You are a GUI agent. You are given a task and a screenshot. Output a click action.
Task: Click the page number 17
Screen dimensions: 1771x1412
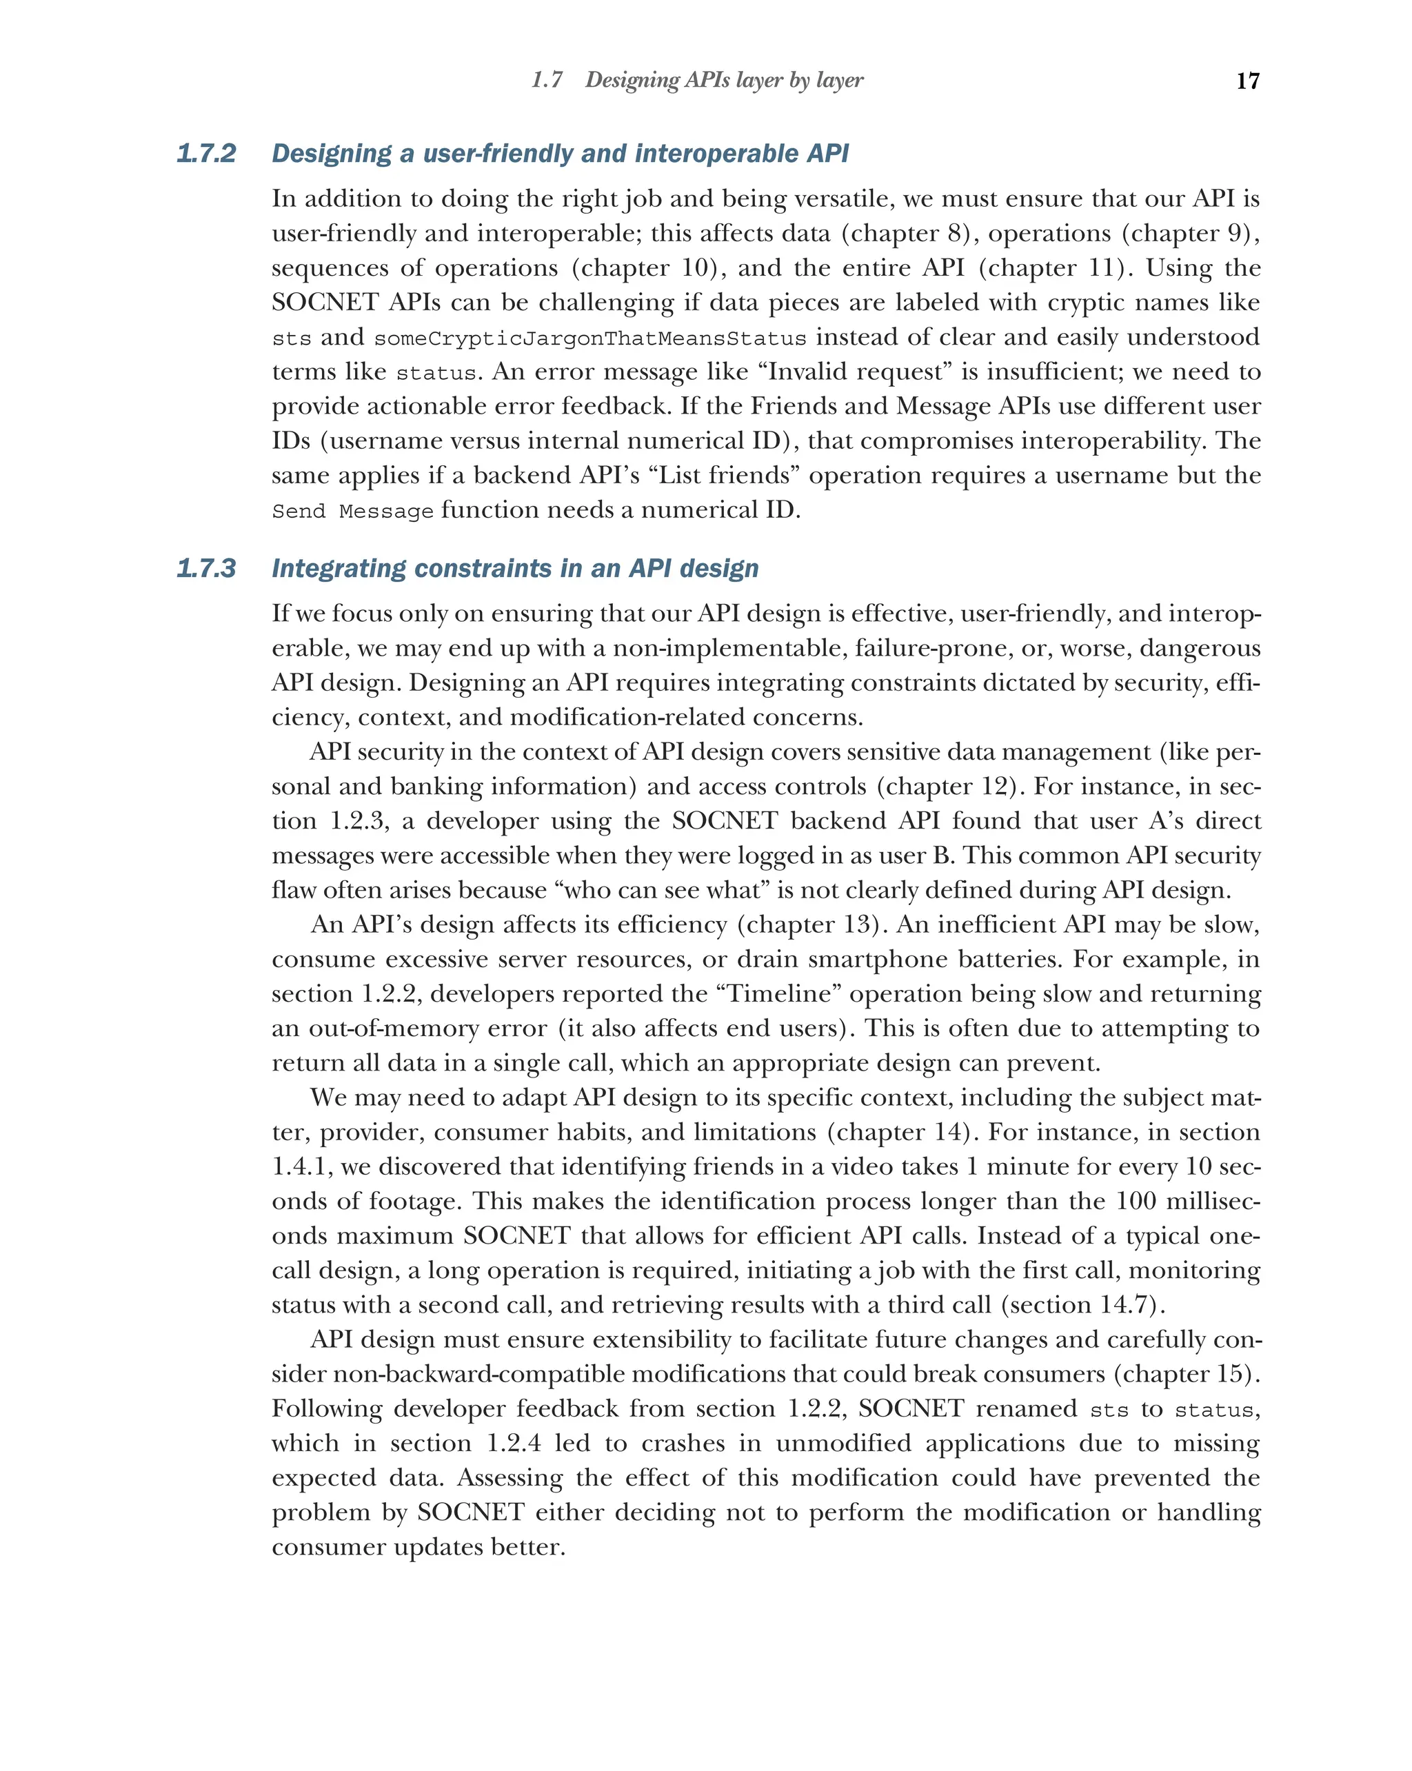pos(1247,81)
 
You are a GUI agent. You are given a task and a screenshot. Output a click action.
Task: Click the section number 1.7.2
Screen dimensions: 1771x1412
pos(206,154)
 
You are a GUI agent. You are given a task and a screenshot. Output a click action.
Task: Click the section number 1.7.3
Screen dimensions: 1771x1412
pos(206,569)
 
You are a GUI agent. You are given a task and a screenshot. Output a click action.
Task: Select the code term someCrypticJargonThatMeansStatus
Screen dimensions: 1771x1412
pos(589,338)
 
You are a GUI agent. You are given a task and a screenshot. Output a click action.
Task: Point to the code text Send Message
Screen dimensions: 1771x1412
pos(352,512)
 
